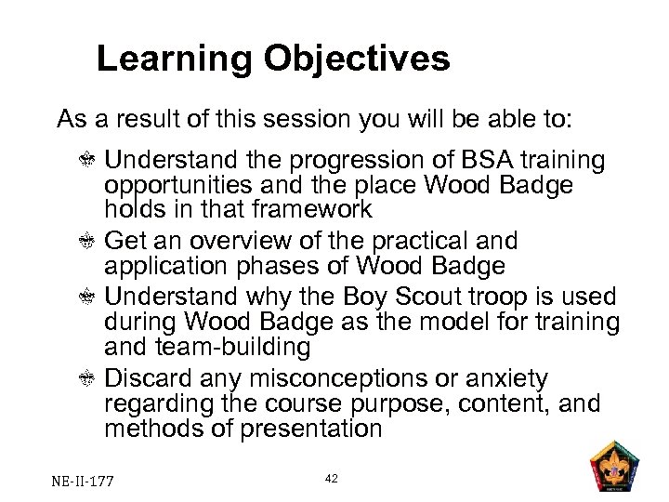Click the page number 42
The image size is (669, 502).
coord(332,477)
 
